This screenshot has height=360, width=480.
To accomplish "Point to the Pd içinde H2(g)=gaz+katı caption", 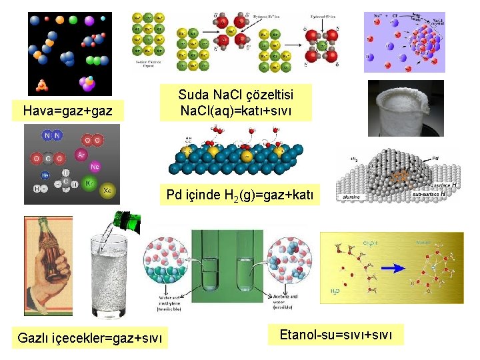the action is pyautogui.click(x=243, y=195).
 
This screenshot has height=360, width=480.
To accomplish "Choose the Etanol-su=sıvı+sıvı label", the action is pyautogui.click(x=337, y=333).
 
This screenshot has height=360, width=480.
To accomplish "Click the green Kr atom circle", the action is pyautogui.click(x=91, y=181).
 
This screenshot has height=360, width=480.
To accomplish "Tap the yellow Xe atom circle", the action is pyautogui.click(x=107, y=191).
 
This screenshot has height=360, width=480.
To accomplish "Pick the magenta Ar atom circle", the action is pyautogui.click(x=81, y=155).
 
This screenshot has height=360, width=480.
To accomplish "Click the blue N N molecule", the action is pyautogui.click(x=52, y=136).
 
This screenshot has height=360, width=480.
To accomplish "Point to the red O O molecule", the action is pyautogui.click(x=93, y=140).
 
